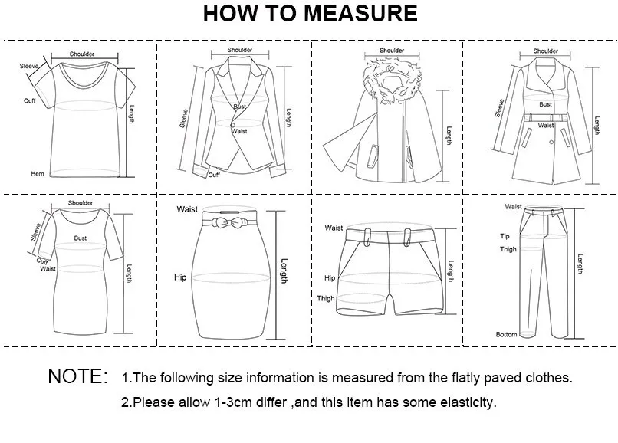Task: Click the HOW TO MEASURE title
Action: click(311, 13)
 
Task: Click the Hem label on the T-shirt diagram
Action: click(38, 174)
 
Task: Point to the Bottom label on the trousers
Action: click(506, 335)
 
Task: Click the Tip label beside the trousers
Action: click(505, 236)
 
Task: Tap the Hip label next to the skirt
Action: click(180, 277)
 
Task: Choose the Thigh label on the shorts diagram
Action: click(326, 299)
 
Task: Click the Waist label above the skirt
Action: click(187, 209)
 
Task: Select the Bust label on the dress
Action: click(81, 238)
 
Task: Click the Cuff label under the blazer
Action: click(215, 175)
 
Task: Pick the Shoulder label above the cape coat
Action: click(391, 51)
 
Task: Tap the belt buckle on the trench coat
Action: click(546, 116)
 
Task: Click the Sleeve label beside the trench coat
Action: click(500, 108)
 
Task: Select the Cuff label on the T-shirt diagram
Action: click(29, 100)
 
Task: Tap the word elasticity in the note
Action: click(463, 402)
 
